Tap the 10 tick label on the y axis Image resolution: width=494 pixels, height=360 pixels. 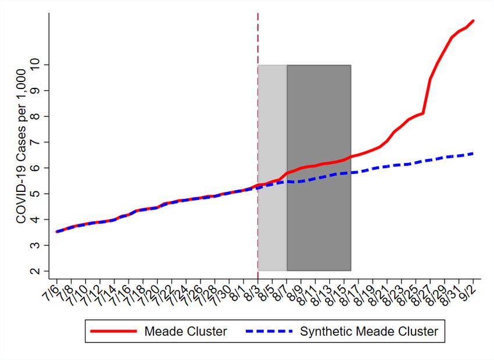coord(41,65)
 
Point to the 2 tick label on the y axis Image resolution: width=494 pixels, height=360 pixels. coord(41,271)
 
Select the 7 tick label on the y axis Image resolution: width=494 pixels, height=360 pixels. coord(41,142)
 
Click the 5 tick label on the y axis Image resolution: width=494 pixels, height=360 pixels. coord(41,194)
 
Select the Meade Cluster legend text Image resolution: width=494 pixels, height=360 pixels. coord(185,332)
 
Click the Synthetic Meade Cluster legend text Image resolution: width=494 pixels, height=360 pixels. coord(368,332)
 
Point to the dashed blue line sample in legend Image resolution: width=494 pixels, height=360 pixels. coord(269,332)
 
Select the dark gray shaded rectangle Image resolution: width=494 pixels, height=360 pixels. coord(318,116)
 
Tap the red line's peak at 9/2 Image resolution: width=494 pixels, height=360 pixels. coord(474,21)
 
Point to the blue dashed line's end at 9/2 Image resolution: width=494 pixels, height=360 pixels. coord(474,154)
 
